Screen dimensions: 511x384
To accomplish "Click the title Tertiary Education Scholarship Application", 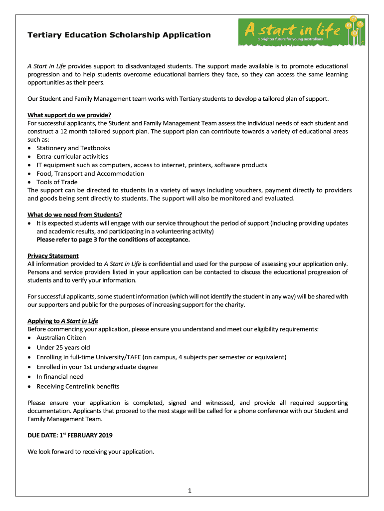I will click(x=119, y=35).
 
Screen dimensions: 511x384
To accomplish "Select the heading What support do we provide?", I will click(x=69, y=115).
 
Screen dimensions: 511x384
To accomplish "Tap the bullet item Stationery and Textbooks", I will click(x=73, y=148).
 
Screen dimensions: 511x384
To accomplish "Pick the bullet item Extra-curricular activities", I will click(x=72, y=157).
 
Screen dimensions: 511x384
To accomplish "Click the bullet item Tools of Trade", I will click(x=57, y=182).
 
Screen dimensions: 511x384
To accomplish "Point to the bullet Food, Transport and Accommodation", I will click(x=90, y=174).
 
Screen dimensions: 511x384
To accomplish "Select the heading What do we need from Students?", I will click(x=75, y=215).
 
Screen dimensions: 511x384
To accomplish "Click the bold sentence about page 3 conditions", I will click(x=113, y=240).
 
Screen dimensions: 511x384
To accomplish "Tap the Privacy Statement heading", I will click(x=53, y=256).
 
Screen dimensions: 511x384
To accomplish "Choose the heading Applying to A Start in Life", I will click(x=63, y=321).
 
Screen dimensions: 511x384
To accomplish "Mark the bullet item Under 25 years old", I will click(x=63, y=348).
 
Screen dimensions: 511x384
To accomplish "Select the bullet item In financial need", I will click(x=60, y=377).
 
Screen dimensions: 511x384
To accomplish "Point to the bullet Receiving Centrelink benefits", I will click(x=78, y=387).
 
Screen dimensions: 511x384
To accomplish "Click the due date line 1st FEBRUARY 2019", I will click(x=70, y=435).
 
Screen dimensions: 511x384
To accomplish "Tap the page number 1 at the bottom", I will click(x=190, y=491).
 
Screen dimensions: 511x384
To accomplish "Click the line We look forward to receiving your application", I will click(x=91, y=452).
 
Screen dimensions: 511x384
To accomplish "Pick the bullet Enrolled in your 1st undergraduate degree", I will click(x=97, y=367).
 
